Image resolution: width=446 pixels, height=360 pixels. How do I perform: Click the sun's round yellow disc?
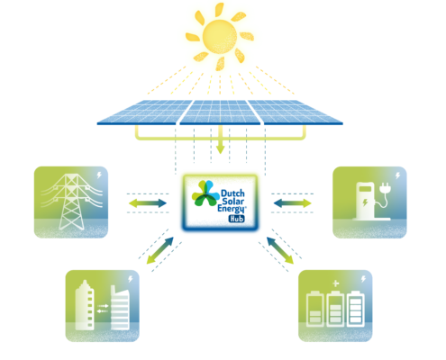pos(220,37)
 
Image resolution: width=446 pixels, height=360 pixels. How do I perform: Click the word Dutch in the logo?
pos(232,193)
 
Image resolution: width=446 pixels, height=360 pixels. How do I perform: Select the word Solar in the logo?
pos(233,201)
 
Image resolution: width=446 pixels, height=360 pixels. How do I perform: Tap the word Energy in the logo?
pos(232,209)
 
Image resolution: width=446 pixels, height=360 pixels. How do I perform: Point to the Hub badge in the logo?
pos(237,219)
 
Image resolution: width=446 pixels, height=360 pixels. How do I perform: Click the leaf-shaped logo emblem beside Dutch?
pos(205,193)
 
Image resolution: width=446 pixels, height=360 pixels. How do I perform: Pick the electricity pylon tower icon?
pos(72,202)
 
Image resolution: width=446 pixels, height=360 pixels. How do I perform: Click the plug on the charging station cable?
pos(385,188)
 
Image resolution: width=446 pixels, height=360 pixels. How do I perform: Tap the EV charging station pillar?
pos(365,201)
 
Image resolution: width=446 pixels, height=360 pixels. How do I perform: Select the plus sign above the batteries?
pos(336,283)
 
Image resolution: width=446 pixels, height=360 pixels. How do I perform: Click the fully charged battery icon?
pos(356,309)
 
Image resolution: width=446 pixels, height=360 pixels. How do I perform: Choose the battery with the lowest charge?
pos(314,309)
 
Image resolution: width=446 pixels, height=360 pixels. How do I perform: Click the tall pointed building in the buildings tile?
pos(85,305)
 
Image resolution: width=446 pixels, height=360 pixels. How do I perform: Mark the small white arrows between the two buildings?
pos(103,309)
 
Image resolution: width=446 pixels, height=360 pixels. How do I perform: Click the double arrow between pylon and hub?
pos(148,203)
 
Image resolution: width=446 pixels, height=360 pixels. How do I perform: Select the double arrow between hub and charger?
pos(292,203)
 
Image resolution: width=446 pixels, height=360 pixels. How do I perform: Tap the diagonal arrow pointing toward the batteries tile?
pos(280,250)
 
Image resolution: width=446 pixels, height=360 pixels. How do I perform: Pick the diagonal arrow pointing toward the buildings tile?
pos(160,250)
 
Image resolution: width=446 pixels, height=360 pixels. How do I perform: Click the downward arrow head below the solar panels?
pos(221,149)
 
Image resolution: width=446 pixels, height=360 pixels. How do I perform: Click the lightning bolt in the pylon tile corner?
pos(99,175)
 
